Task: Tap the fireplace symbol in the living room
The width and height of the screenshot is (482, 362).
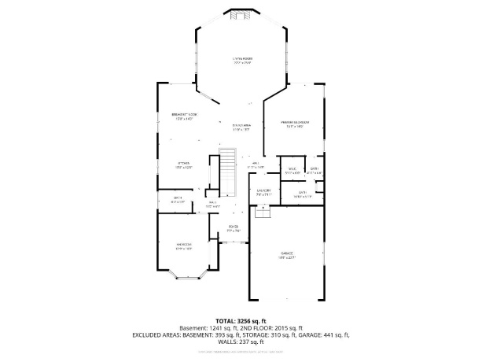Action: pos(241,13)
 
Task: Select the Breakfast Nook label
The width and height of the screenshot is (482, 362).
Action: pos(185,116)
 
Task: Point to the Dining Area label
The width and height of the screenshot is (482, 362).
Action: pos(241,127)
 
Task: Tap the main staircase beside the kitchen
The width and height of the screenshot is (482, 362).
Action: pos(227,171)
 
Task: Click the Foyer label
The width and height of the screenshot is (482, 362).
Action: pos(233,229)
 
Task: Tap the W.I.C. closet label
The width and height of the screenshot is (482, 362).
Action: pos(291,170)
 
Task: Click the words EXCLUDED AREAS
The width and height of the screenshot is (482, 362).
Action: pos(164,335)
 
